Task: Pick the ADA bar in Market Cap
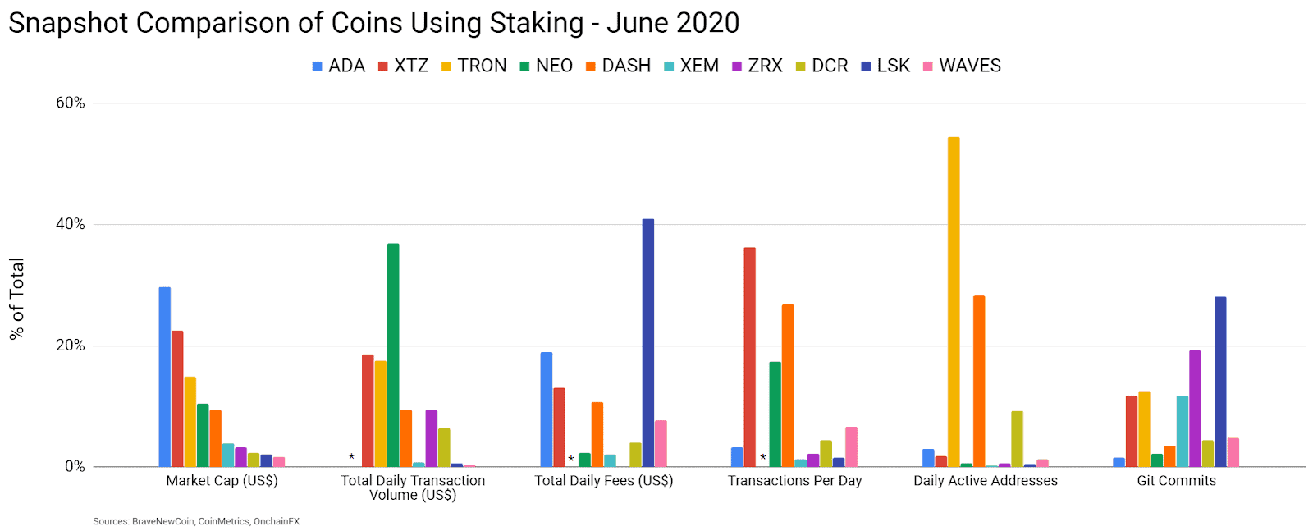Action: point(165,377)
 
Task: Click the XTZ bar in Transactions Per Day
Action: point(749,357)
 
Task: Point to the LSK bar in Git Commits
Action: point(1220,382)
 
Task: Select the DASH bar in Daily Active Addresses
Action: point(979,382)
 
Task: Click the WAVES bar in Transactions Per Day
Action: point(851,447)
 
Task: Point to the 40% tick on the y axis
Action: point(71,224)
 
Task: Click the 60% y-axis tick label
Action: point(71,103)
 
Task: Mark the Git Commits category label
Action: point(1176,481)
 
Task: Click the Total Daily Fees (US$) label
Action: point(604,481)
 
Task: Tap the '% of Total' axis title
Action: point(17,299)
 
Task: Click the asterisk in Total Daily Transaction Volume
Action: point(351,458)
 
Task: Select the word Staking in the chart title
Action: point(537,23)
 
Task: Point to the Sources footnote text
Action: point(196,521)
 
